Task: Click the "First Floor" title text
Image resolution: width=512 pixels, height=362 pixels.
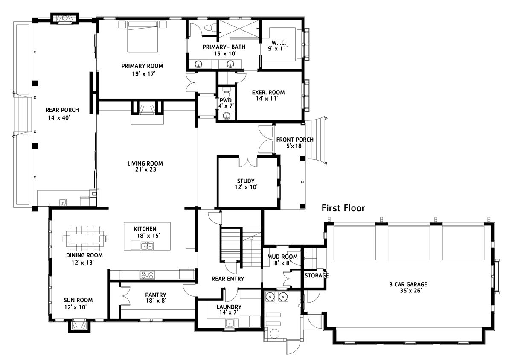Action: (343, 208)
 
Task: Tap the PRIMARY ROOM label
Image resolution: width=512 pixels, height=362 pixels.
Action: (142, 66)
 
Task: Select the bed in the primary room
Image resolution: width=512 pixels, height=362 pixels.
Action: (143, 37)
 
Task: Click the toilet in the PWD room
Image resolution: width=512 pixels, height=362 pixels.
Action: (226, 93)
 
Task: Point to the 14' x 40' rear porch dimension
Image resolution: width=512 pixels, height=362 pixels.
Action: (59, 118)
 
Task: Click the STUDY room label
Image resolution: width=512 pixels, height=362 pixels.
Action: (246, 181)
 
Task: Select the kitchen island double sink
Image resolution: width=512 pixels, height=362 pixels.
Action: (147, 246)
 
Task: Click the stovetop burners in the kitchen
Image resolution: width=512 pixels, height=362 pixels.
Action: (147, 275)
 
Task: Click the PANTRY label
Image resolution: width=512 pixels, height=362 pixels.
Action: (156, 295)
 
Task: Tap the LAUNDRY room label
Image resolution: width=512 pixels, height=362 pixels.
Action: (229, 307)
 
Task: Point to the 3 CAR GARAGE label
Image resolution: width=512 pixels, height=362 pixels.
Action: (408, 284)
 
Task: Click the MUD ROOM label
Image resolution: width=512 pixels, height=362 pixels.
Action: (282, 257)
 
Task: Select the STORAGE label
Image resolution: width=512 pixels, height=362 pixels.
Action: (317, 276)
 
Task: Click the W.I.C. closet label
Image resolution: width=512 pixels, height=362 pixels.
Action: (279, 43)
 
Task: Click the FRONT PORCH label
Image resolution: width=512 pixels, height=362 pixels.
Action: (295, 140)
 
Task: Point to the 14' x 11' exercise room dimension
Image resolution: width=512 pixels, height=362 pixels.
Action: (267, 99)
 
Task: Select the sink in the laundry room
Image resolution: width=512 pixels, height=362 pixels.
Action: (229, 324)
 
